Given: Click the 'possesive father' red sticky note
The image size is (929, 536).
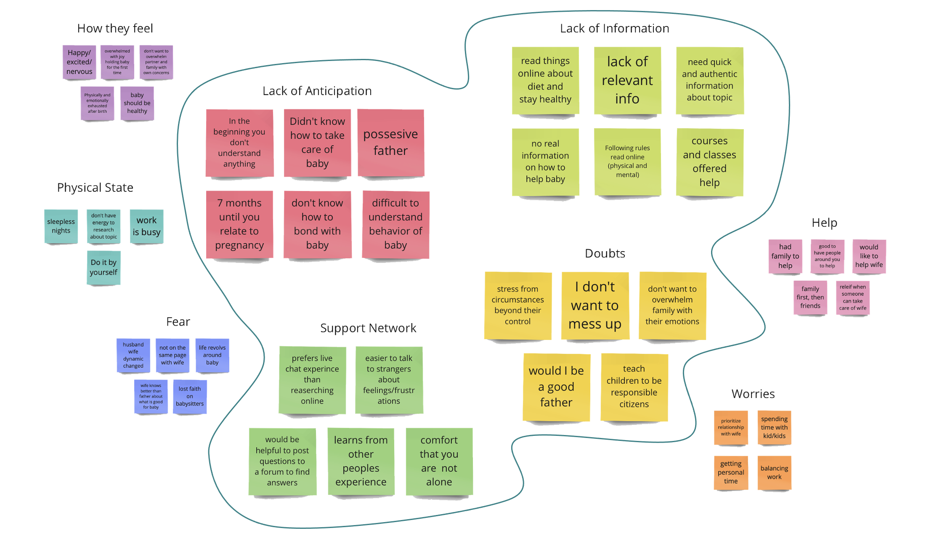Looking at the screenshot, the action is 391,143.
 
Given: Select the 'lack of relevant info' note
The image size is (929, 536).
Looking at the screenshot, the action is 627,80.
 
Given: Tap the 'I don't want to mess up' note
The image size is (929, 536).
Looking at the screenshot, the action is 595,305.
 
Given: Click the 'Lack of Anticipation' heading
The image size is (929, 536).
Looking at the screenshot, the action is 317,91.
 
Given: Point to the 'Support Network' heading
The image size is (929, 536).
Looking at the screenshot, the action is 368,328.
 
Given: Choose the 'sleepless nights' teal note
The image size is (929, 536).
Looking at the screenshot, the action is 61,226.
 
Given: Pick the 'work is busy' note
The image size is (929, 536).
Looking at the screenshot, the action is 146,226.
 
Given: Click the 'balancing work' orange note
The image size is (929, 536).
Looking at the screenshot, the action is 774,472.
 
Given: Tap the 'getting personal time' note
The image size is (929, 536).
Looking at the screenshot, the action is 731,472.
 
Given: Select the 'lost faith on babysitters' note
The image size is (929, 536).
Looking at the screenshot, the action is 190,397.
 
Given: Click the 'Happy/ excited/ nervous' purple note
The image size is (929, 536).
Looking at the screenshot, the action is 79,62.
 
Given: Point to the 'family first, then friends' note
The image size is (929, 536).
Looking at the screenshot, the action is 810,297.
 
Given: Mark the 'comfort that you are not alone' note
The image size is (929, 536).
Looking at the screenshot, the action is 439,462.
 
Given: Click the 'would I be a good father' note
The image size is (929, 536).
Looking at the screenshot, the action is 556,387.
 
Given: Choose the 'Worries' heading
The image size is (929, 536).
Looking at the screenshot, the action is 753,394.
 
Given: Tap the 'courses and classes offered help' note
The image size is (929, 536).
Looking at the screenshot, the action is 710,162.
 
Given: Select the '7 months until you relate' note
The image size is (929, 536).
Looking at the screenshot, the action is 239,224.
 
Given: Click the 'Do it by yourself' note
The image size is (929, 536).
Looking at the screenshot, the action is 104,268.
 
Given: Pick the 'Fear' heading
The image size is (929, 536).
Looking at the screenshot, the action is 178,322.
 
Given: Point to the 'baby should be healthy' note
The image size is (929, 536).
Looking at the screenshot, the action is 137,103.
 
